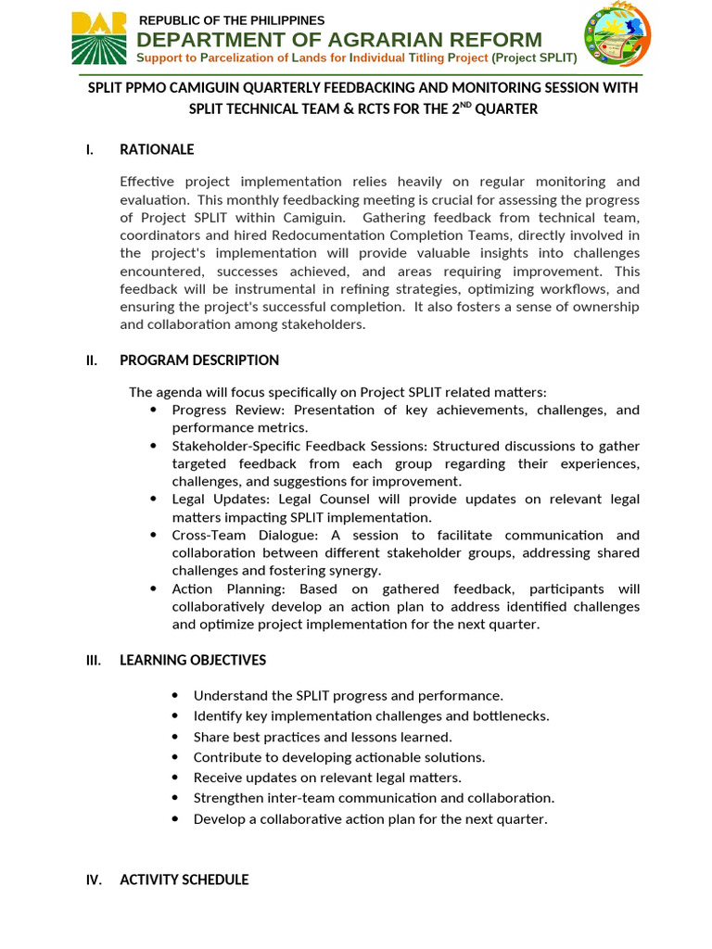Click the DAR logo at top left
[99, 39]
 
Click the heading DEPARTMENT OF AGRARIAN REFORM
[339, 40]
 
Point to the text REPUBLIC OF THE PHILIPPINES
[232, 20]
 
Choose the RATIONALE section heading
[157, 149]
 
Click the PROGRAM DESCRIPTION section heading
[199, 361]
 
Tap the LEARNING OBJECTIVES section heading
[193, 660]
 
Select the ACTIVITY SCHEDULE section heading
[184, 879]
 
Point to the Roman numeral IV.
[94, 879]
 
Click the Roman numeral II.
[92, 361]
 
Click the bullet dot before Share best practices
[175, 737]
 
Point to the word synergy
[356, 571]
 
